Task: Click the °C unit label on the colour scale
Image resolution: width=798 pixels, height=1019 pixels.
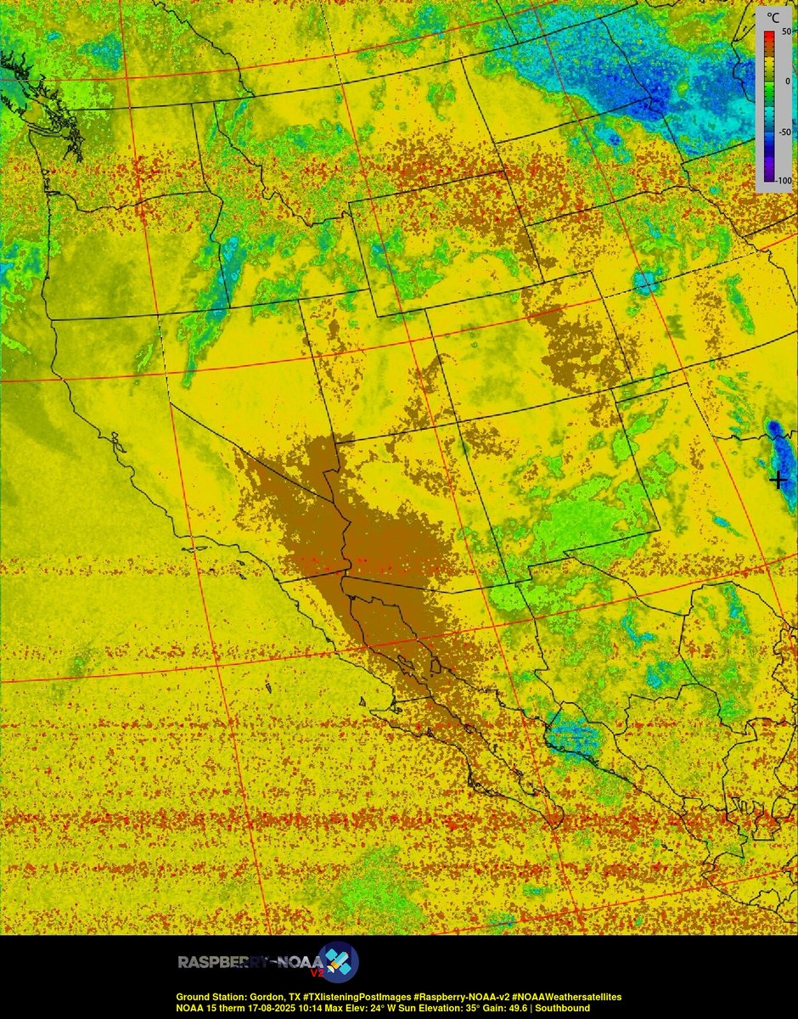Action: pos(773,15)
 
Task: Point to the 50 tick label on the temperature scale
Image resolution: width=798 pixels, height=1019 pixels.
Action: pos(786,31)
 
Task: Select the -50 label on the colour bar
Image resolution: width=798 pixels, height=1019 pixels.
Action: pos(784,132)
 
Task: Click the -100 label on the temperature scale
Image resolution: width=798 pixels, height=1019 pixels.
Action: pos(783,181)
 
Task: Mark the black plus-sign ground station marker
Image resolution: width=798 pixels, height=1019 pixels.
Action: pos(778,480)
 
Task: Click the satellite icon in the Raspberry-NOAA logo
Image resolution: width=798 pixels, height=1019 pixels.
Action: pos(338,962)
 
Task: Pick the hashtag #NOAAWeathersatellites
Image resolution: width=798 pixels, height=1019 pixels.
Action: pos(561,996)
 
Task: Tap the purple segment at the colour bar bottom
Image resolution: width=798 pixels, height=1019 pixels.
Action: pos(766,176)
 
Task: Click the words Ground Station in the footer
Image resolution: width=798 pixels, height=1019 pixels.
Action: pos(209,996)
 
